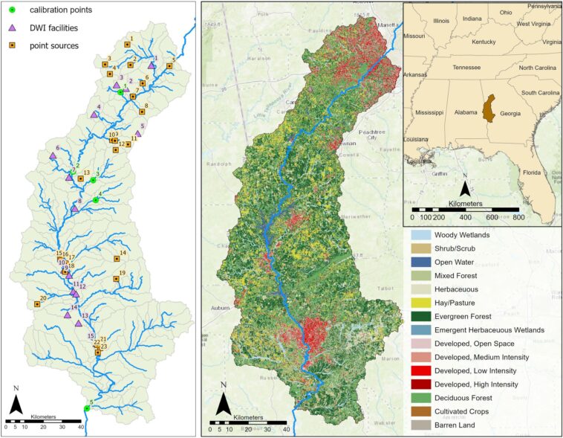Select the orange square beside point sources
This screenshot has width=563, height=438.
pos(13,45)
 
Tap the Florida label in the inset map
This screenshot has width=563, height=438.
pos(531,173)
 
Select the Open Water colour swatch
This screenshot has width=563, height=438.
pos(420,262)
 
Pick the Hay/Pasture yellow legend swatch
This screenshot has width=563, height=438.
pos(420,303)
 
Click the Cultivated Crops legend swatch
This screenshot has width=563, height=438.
pos(420,411)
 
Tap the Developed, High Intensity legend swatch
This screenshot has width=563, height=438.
pos(420,384)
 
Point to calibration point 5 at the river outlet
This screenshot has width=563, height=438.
pos(87,408)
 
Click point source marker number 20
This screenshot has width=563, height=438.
pos(36,304)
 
